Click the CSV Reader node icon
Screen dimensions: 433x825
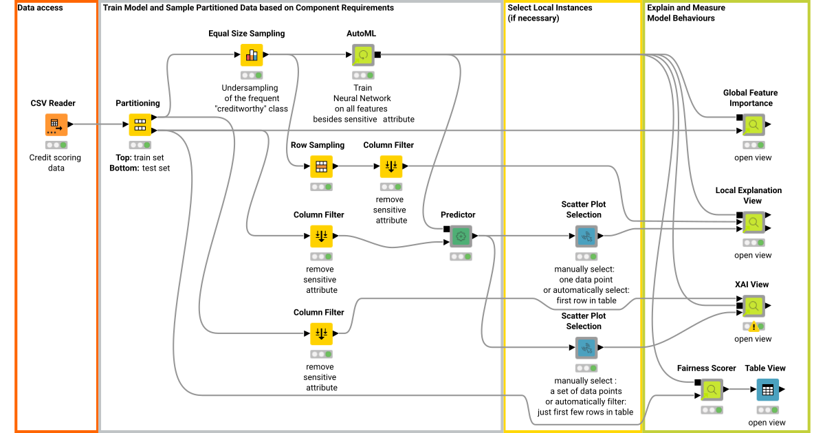(56, 125)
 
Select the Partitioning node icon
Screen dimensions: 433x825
(140, 125)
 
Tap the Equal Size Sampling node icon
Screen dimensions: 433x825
(252, 55)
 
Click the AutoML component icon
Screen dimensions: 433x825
(363, 55)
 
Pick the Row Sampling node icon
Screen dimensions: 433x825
(320, 166)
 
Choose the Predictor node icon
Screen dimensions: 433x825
(461, 236)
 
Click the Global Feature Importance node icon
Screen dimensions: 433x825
(753, 125)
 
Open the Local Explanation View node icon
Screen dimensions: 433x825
(753, 223)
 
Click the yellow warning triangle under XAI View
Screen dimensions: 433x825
(754, 327)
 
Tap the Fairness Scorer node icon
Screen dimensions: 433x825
(712, 390)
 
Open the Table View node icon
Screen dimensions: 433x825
(767, 390)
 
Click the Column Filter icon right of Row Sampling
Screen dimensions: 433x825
(390, 166)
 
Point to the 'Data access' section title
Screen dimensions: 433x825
(40, 8)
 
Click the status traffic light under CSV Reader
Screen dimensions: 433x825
(56, 145)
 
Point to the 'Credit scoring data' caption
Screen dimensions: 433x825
(55, 162)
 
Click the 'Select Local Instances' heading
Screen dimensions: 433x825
(549, 8)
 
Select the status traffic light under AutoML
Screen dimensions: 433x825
(363, 75)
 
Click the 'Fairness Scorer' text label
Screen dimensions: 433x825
(706, 368)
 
